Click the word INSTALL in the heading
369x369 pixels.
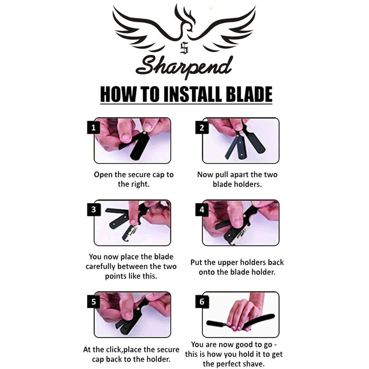tap(192, 94)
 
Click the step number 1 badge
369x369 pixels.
tap(94, 128)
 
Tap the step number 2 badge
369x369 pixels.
tap(202, 128)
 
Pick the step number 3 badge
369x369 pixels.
tap(94, 209)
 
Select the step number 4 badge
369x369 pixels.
tap(202, 209)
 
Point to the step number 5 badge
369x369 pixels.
tap(94, 302)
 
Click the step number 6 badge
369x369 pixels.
tap(202, 302)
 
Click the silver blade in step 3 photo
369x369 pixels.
tap(131, 233)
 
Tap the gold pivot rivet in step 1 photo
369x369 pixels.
tap(143, 133)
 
